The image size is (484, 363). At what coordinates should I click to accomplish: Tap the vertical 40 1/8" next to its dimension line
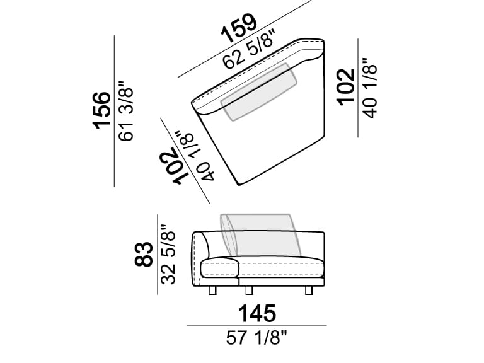coord(370,87)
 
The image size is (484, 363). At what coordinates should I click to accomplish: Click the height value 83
coord(144,254)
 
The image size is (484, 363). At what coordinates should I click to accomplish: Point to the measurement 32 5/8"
coord(168,254)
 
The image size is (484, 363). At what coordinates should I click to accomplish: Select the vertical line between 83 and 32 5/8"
coord(157,254)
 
